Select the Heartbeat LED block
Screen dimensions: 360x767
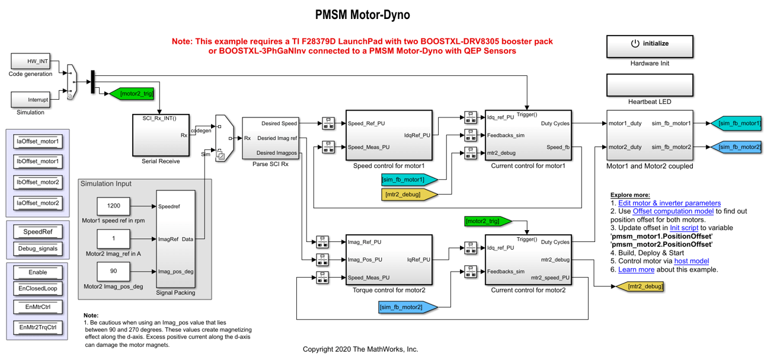[x=649, y=85]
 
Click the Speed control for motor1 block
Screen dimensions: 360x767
[x=388, y=135]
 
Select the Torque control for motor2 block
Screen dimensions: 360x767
[x=388, y=259]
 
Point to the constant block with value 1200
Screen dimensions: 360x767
[x=114, y=206]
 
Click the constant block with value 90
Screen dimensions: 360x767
[x=114, y=271]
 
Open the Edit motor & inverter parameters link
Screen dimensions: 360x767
[x=669, y=203]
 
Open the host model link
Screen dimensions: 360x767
[x=691, y=261]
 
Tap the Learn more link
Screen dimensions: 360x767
[x=636, y=269]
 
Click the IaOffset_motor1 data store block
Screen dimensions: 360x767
[x=38, y=142]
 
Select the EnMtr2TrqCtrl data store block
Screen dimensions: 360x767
[x=38, y=327]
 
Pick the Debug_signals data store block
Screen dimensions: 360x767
[x=38, y=249]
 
